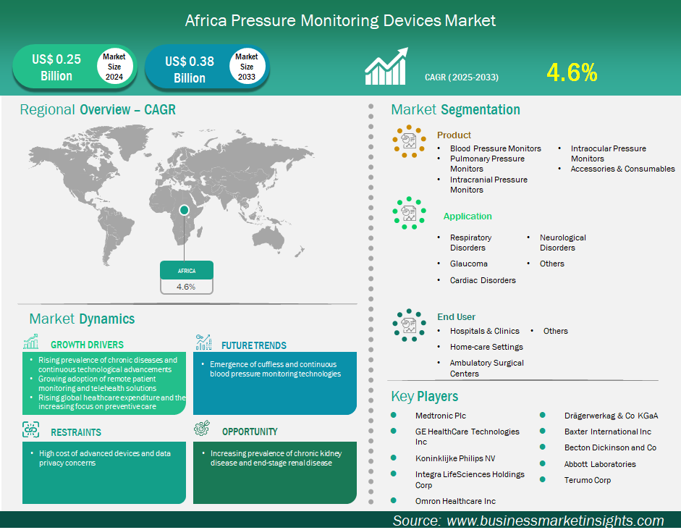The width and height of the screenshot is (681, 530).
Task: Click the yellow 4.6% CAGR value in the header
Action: tap(572, 72)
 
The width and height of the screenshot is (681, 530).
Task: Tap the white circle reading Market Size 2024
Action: tap(114, 67)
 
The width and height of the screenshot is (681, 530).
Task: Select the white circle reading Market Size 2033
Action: tap(247, 67)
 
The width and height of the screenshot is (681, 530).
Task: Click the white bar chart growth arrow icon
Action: tap(386, 66)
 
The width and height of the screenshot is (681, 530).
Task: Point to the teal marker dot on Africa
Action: tap(184, 210)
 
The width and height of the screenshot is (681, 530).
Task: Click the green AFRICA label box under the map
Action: tap(187, 270)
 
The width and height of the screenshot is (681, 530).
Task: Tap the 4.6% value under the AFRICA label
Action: tap(186, 287)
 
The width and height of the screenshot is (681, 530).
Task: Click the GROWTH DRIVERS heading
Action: tap(87, 345)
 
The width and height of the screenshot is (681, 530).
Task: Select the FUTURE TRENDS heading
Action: tap(253, 346)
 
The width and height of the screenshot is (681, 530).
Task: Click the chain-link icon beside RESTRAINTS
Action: tap(31, 429)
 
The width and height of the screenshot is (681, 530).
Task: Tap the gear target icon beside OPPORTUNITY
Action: tap(203, 429)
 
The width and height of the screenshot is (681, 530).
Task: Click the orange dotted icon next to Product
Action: tap(409, 141)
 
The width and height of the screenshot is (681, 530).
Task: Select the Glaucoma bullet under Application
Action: tap(469, 264)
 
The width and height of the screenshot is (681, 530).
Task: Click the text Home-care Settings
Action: tap(486, 347)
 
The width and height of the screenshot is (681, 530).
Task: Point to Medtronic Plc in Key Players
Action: tap(441, 416)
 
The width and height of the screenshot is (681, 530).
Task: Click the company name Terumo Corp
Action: tap(587, 480)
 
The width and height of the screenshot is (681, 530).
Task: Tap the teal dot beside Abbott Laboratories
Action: tap(543, 463)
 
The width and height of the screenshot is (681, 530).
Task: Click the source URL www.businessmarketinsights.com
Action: tap(555, 521)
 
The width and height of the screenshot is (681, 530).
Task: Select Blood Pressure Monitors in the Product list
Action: tap(496, 148)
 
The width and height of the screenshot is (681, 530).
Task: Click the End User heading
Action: tap(456, 316)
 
